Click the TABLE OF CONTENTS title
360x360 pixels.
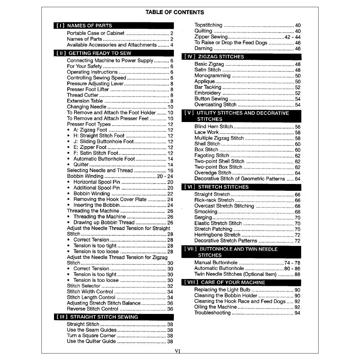point(175,12)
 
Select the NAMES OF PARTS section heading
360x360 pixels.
point(89,26)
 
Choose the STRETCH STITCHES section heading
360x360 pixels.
point(223,187)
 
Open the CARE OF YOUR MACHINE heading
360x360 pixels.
point(233,282)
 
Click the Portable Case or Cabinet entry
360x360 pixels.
point(96,33)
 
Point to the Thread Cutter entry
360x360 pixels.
point(82,95)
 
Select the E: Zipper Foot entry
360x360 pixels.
point(90,147)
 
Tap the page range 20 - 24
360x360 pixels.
point(165,176)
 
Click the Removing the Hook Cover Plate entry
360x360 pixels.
point(110,199)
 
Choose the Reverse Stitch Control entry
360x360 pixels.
point(93,309)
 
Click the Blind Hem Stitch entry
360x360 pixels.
point(213,127)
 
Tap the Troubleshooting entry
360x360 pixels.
point(212,313)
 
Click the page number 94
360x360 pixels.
point(297,313)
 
